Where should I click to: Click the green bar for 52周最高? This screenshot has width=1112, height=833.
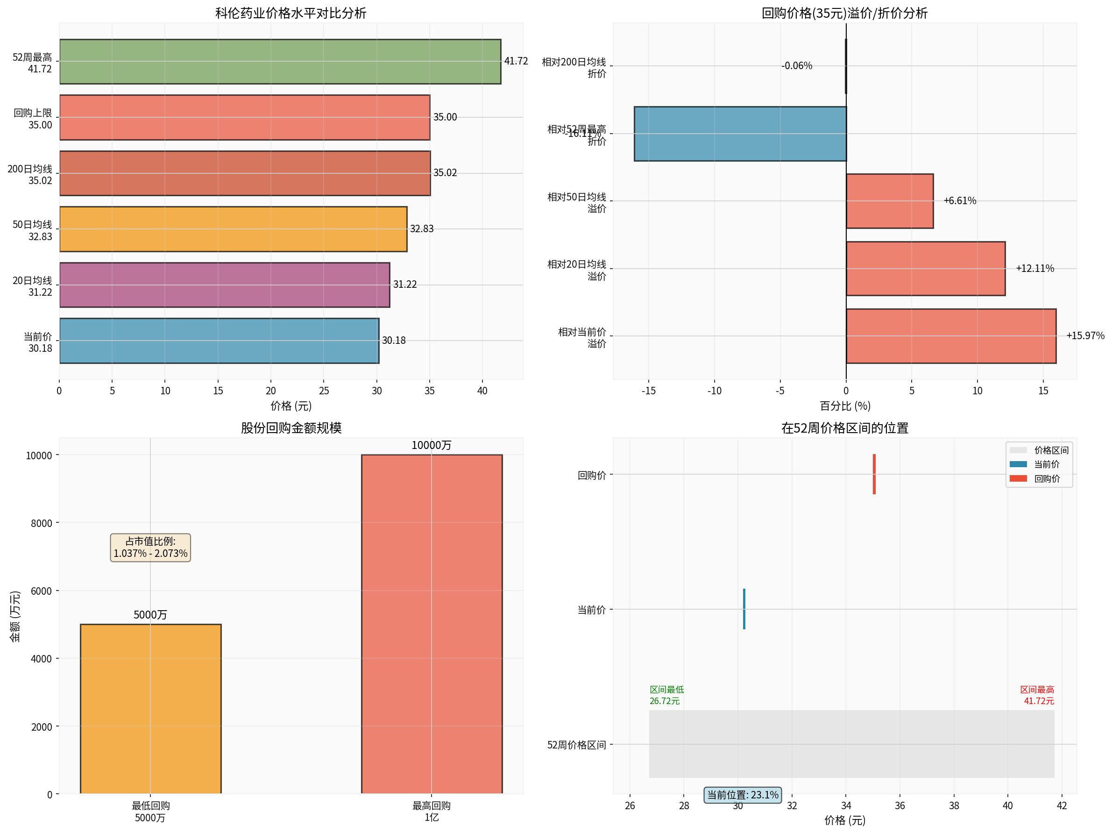pos(280,61)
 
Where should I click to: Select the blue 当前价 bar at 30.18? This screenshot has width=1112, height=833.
pos(219,341)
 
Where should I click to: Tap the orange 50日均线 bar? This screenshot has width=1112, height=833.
pos(233,229)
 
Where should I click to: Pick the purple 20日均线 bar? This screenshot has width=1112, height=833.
pos(225,285)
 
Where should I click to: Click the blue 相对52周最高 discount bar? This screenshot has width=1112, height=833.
pos(740,134)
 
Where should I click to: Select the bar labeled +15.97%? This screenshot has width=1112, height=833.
pos(950,336)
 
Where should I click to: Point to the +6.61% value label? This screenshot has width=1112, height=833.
pos(959,201)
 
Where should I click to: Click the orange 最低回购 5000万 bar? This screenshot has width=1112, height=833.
pos(150,709)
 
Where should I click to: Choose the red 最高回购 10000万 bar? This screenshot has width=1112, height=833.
pos(432,624)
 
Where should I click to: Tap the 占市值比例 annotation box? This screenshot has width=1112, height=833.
pos(150,547)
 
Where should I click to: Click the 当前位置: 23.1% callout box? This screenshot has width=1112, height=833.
pos(743,795)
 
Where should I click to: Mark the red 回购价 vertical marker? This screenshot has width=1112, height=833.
pos(874,474)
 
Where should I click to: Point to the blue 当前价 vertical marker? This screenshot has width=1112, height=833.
pos(744,609)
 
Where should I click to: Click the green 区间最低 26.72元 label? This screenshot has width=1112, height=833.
pos(666,695)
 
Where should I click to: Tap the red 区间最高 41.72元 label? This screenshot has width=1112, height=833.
pos(1037,695)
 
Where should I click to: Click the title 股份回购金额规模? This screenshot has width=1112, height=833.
pos(290,427)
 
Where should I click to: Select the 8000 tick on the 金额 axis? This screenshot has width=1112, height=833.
pos(41,523)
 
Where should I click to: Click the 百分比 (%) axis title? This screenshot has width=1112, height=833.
pos(844,406)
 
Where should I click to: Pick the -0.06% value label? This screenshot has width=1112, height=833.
pos(796,66)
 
